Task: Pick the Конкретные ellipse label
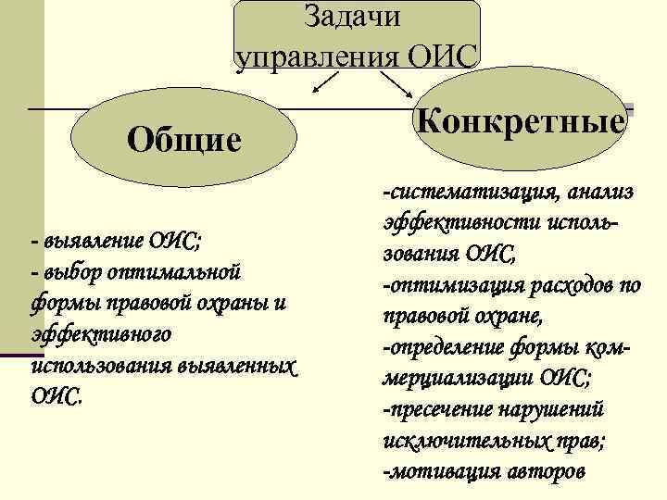point(522,121)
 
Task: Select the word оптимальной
point(175,272)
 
